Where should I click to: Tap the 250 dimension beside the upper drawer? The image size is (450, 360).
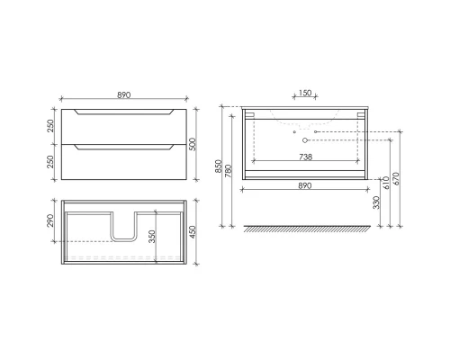[x=51, y=127]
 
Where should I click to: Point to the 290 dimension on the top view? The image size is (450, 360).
[x=51, y=221]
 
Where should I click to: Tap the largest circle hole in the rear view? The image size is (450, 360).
[x=305, y=140]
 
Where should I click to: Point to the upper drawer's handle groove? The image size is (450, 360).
[x=125, y=112]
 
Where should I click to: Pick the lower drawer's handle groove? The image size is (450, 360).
[x=125, y=148]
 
